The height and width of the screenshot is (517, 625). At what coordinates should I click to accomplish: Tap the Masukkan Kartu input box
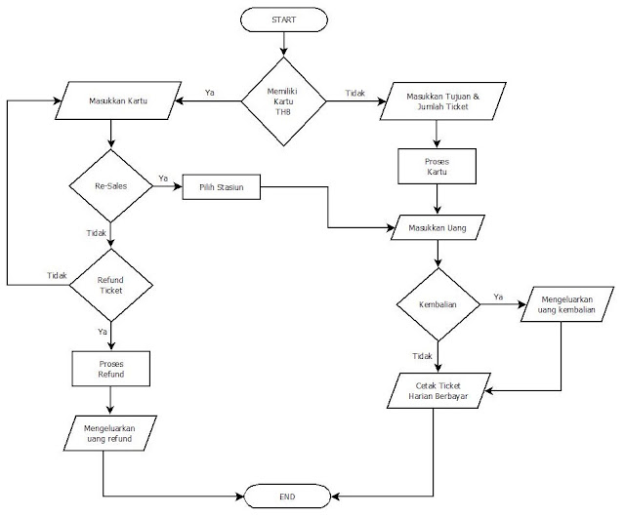pyautogui.click(x=116, y=101)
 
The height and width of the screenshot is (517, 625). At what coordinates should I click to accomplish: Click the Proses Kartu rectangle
pyautogui.click(x=437, y=166)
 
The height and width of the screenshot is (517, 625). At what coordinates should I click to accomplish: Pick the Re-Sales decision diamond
pyautogui.click(x=110, y=184)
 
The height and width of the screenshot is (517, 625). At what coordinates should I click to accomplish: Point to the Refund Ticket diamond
pyautogui.click(x=110, y=284)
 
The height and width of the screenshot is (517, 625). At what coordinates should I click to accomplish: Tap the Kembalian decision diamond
pyautogui.click(x=437, y=304)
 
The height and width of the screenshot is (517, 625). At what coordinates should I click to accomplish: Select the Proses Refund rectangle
pyautogui.click(x=110, y=368)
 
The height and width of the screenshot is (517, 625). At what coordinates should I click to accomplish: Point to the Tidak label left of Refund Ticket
pyautogui.click(x=57, y=276)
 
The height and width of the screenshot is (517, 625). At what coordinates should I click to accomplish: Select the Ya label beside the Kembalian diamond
pyautogui.click(x=498, y=296)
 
